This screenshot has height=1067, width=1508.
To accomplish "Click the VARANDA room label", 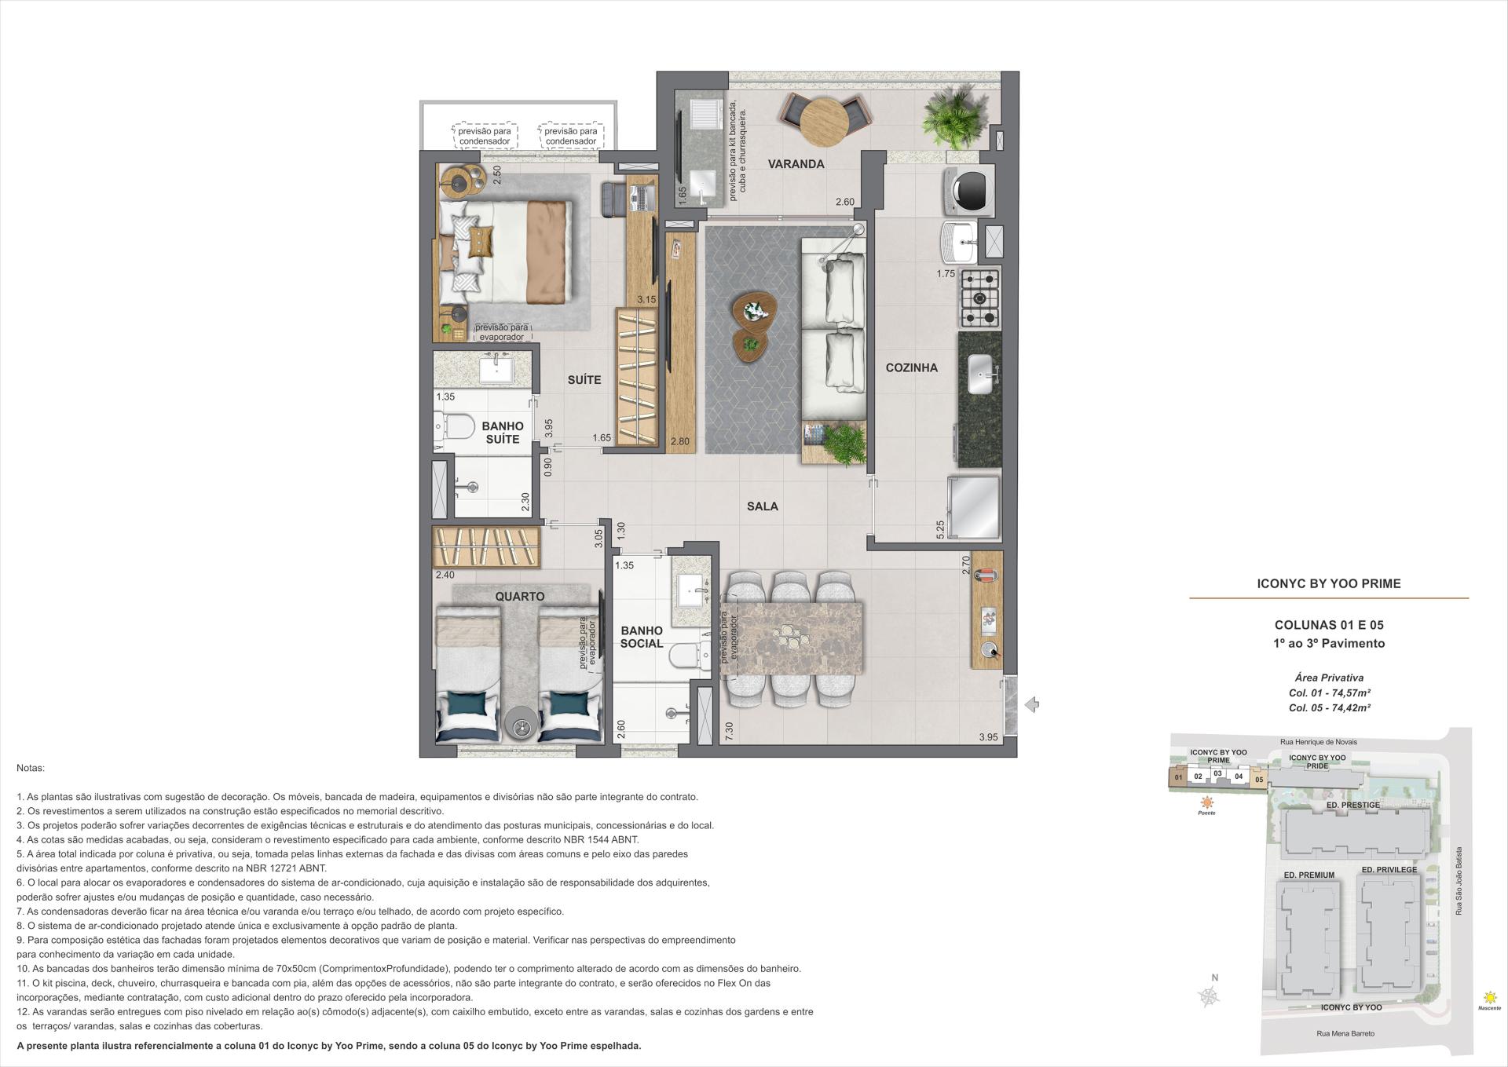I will [x=796, y=164].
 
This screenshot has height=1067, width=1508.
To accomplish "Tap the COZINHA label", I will [x=911, y=367].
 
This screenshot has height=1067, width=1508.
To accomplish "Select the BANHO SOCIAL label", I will [x=642, y=637].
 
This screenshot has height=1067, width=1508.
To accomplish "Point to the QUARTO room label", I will [x=519, y=596].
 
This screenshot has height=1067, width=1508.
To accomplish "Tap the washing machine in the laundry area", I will [x=972, y=189].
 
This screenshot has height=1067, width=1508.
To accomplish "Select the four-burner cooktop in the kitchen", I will [x=979, y=298].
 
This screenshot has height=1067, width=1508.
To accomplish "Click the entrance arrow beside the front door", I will [x=1032, y=705].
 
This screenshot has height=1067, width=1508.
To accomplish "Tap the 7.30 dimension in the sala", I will [x=729, y=731].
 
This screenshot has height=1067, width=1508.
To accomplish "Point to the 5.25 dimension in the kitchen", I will [x=940, y=529].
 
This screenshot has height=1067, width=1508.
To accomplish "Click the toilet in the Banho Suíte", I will [x=456, y=427].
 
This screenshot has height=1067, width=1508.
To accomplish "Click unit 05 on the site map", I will [x=1259, y=779].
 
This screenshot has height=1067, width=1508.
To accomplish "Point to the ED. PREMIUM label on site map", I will [x=1309, y=875].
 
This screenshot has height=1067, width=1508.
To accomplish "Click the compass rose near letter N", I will [x=1210, y=997].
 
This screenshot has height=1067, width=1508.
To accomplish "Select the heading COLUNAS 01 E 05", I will [x=1329, y=625].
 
